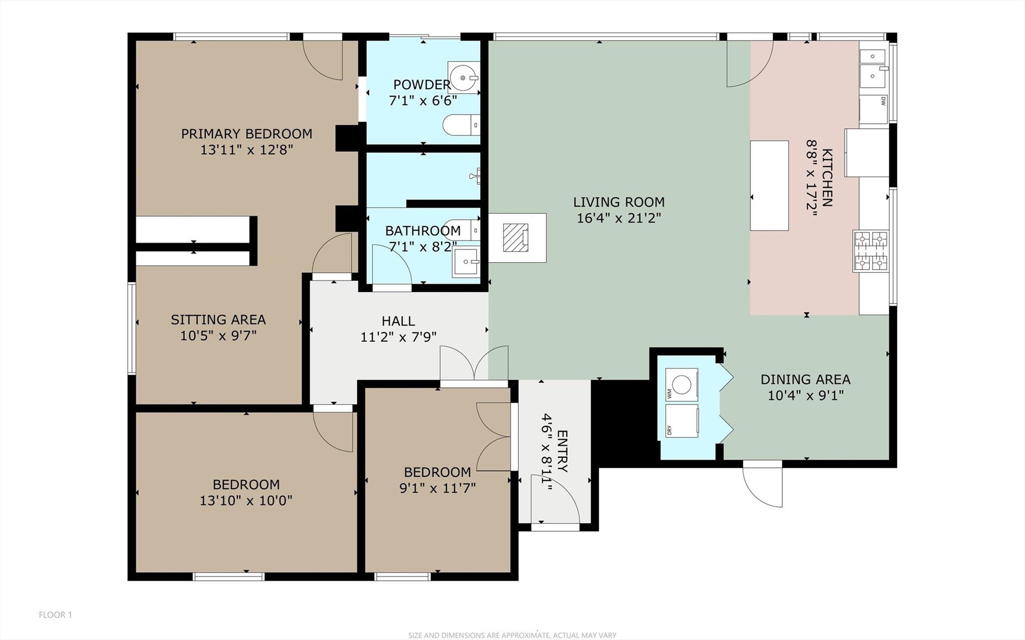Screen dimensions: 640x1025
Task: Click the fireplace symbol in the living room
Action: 516,237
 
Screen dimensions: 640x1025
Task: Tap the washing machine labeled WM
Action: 681,385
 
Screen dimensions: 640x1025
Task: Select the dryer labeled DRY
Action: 681,420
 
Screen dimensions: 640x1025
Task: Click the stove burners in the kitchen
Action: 870,251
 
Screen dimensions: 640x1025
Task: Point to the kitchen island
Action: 769,185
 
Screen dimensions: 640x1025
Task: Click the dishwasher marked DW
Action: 874,109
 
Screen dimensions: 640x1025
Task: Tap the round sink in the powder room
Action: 463,78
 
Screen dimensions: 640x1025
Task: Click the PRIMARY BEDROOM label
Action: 246,134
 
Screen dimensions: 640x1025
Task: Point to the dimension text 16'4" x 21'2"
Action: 619,218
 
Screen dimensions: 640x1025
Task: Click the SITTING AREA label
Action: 218,319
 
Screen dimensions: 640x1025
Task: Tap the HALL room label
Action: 398,321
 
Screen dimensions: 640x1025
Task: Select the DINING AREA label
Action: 805,380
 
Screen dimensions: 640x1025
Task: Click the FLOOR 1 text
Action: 56,614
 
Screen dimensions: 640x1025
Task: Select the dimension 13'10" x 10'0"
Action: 246,500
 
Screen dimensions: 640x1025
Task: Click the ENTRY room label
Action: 562,451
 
